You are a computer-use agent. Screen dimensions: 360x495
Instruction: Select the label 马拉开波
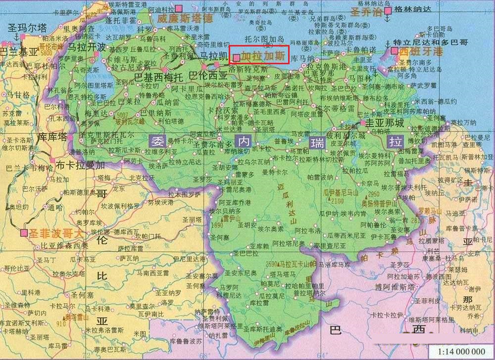pos(87,47)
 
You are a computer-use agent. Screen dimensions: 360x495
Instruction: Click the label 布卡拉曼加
pos(80,165)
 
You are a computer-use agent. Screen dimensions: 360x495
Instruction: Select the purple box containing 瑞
pos(317,142)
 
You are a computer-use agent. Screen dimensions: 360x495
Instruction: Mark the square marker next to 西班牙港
pos(395,51)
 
